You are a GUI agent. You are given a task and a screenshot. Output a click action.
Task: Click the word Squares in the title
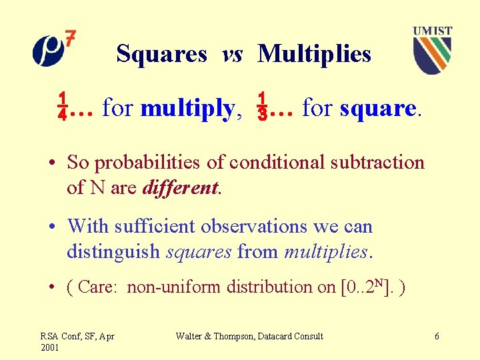[x=161, y=53]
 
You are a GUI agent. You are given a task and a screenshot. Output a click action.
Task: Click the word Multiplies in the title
[x=314, y=53]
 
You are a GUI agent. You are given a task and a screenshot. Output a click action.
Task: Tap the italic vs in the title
[x=232, y=54]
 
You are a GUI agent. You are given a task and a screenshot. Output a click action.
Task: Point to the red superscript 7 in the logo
[x=70, y=39]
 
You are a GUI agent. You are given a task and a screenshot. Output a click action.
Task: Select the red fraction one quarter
[x=61, y=107]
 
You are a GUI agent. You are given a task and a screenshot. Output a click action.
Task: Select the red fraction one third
[x=263, y=107]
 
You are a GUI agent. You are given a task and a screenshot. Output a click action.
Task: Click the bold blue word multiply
[x=187, y=107]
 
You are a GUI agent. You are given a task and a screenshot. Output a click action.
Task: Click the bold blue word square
[x=378, y=107]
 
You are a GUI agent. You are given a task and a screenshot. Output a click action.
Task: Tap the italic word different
[x=180, y=188]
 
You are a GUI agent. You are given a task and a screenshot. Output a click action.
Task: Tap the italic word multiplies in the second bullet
[x=325, y=252]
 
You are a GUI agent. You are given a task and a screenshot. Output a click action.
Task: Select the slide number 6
[x=437, y=337]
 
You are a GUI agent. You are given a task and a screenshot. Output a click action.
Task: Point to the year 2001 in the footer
[x=50, y=347]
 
